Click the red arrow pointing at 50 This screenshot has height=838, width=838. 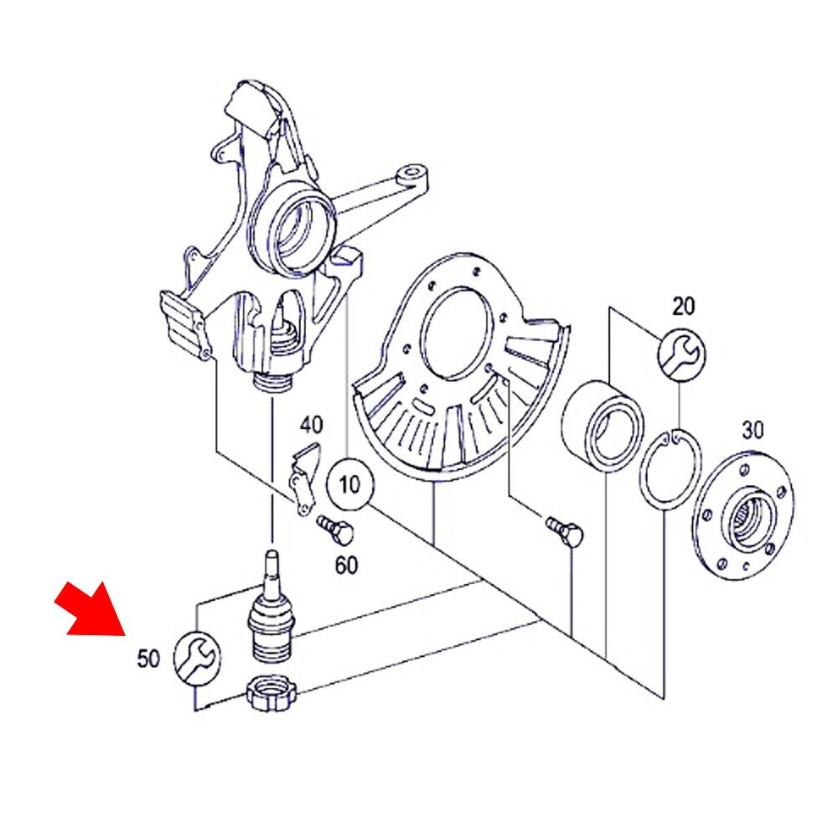tap(91, 610)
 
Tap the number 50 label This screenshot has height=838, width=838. tap(148, 659)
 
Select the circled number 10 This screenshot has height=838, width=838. tap(350, 484)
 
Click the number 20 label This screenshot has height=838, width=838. tap(684, 307)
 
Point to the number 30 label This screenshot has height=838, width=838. tap(753, 430)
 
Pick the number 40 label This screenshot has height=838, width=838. tap(311, 426)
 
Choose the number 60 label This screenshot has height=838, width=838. tap(346, 566)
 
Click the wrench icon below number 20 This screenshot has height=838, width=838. tap(681, 354)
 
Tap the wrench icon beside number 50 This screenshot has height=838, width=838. tap(197, 657)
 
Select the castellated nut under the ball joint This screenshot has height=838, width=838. tap(272, 693)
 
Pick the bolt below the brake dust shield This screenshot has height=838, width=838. tap(565, 530)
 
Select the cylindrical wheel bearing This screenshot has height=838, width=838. tap(602, 427)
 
